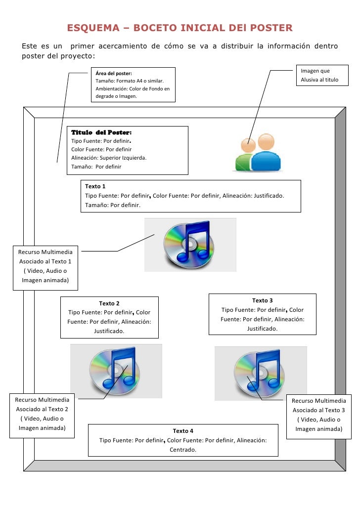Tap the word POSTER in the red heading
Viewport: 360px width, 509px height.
pos(271,28)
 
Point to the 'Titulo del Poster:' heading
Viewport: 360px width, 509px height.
pos(101,132)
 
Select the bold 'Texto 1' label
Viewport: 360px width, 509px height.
pos(95,187)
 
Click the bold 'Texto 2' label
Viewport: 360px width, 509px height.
pos(109,303)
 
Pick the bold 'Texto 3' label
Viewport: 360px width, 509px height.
pos(262,300)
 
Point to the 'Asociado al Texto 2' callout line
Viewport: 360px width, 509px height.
pos(42,409)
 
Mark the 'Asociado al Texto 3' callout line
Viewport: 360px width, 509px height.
pos(318,410)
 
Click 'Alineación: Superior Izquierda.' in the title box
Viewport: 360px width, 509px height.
pos(109,158)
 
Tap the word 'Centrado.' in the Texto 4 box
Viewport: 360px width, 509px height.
pos(183,450)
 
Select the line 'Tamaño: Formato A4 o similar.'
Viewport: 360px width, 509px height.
pos(130,81)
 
